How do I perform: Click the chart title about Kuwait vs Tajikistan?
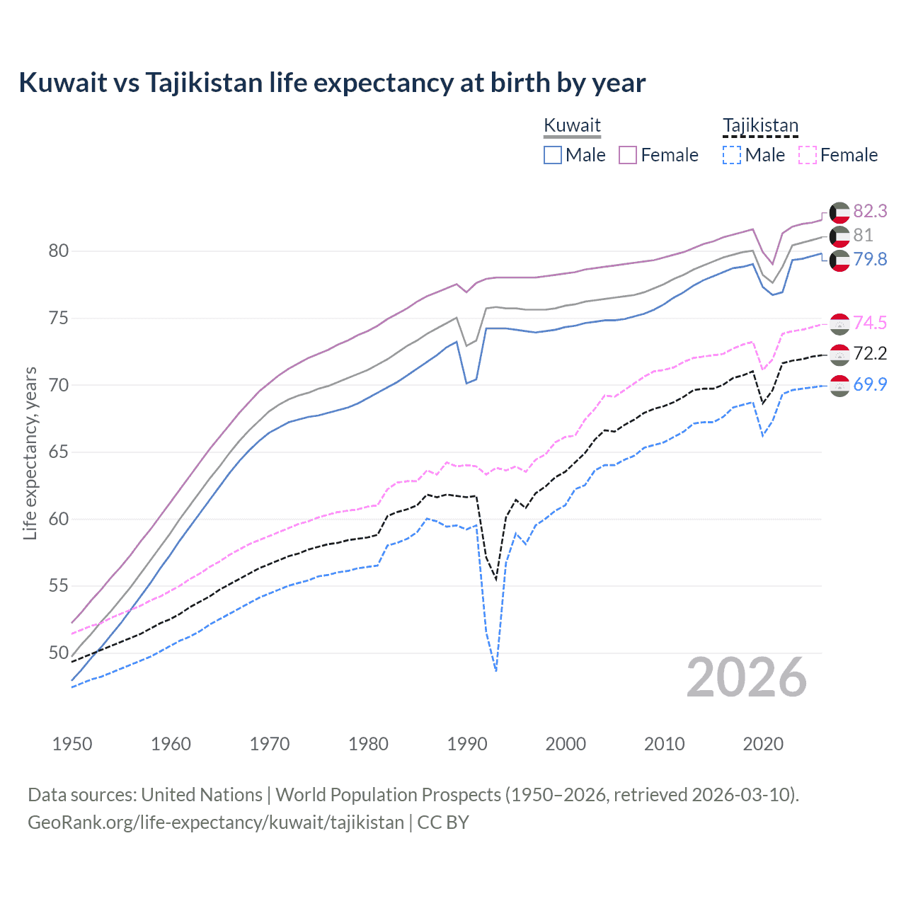point(332,83)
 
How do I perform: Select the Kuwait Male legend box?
point(553,155)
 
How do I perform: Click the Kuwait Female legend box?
point(628,155)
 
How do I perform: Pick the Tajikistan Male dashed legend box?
point(732,155)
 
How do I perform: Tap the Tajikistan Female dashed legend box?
point(808,155)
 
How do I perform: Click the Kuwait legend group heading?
point(572,125)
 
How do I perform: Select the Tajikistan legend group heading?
point(760,125)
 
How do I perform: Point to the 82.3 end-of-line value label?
point(870,211)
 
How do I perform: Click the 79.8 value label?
point(870,259)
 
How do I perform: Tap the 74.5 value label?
point(870,323)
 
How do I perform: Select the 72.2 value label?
point(870,353)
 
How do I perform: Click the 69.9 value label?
point(870,384)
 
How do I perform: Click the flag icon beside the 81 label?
point(839,236)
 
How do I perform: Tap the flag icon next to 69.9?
point(839,385)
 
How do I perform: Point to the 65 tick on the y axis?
point(59,452)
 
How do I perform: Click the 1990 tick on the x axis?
point(467,744)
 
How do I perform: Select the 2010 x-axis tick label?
point(664,744)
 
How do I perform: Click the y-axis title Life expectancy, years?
point(30,453)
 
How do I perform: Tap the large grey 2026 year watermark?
point(747,677)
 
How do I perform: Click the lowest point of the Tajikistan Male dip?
point(496,670)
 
